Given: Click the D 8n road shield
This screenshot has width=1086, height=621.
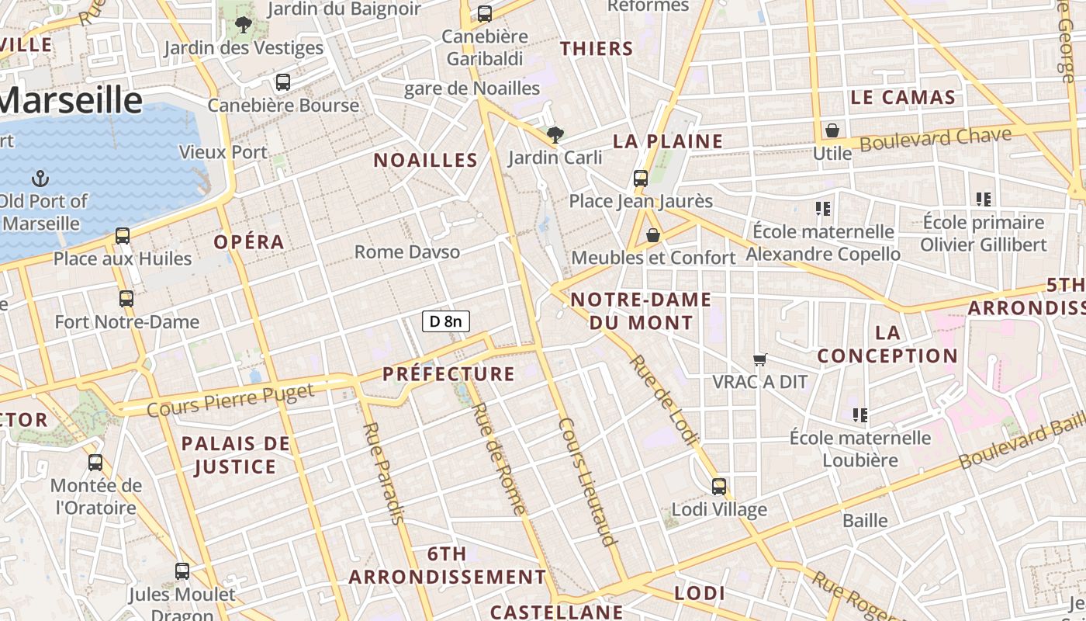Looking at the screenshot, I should pos(446,321).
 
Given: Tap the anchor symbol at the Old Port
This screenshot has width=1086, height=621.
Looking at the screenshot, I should pos(40,179).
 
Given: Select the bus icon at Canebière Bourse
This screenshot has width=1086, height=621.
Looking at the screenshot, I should pos(283,82).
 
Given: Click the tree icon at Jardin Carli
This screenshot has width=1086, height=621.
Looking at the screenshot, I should pos(555,135).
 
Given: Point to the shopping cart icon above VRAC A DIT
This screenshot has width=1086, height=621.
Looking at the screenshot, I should pos(760,359).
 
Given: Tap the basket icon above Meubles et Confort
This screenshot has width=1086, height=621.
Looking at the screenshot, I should pos(653,234).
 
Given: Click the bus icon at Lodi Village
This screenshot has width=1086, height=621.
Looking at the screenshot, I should pos(719,487).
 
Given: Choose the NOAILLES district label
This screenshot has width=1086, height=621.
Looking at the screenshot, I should pos(425,161).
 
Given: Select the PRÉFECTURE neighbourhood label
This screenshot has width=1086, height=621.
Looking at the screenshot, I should pos(448,374).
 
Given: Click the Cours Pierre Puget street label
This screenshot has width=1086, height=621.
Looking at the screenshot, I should pos(230,398).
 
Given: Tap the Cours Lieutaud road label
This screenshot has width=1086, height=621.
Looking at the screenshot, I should pos(587,481).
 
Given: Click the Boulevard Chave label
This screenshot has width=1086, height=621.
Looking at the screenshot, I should pos(936,140).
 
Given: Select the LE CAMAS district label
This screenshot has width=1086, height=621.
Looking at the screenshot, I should pos(903,98).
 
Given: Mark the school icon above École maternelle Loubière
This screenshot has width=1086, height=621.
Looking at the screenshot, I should pos(859,415).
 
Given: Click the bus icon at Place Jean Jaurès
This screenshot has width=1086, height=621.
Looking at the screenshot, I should pos(641,178).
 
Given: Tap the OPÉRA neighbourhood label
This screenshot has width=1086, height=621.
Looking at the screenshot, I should pos(249,242).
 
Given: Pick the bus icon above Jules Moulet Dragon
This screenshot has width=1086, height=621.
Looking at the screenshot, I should pos(182,571).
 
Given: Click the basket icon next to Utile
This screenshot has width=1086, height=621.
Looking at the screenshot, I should pos(832,130).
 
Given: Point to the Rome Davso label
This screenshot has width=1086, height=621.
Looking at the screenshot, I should pos(407,252).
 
